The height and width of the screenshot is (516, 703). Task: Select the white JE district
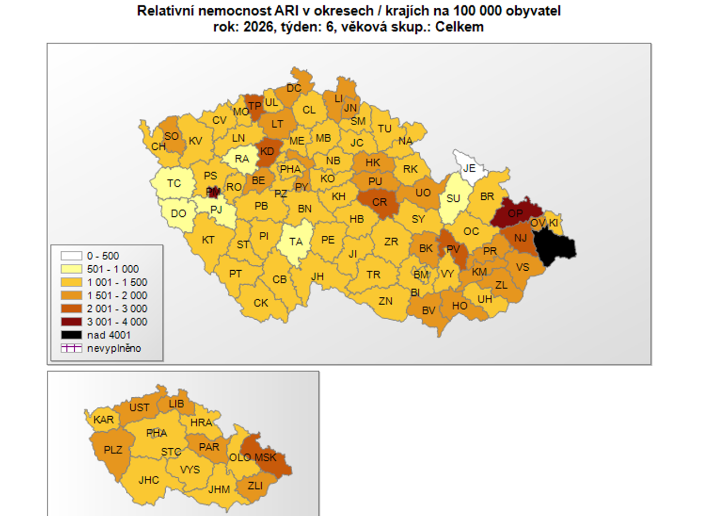click(468, 166)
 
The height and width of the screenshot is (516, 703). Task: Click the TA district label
click(296, 241)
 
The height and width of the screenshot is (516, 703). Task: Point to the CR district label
click(379, 203)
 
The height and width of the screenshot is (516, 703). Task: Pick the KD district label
click(267, 151)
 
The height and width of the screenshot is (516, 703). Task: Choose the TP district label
click(255, 106)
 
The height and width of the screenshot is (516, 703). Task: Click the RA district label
click(242, 159)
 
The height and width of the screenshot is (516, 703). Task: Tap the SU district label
click(453, 198)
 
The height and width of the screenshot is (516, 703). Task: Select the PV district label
click(453, 249)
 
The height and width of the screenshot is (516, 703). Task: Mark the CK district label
click(261, 303)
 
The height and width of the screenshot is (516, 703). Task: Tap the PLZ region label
click(113, 449)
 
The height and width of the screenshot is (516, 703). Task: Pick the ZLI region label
click(255, 485)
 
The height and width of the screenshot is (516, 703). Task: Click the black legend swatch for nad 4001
click(71, 335)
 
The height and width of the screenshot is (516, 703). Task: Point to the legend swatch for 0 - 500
click(71, 256)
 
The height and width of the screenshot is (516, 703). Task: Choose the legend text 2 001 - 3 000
click(117, 308)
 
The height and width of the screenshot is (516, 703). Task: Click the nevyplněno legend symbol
click(71, 348)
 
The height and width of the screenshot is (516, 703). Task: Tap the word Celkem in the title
click(460, 27)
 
